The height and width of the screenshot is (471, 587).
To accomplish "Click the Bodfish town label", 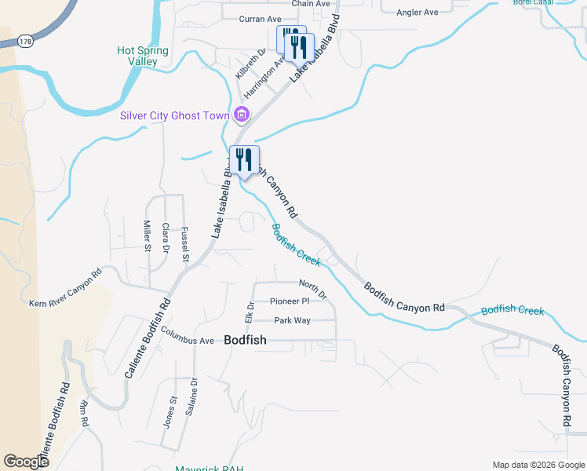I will [245, 340].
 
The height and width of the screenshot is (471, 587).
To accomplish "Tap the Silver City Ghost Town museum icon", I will [242, 115].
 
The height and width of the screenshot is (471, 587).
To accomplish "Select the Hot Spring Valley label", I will [143, 55].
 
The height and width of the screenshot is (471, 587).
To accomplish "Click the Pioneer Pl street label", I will [290, 301].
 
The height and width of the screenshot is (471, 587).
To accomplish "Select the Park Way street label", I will [292, 320].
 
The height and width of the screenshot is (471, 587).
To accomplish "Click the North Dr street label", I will [312, 288].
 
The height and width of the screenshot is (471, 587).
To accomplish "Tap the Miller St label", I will [147, 236].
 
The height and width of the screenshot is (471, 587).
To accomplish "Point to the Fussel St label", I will [186, 244].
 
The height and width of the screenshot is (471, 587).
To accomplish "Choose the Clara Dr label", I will [166, 237].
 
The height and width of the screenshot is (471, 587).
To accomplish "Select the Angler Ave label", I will [418, 13].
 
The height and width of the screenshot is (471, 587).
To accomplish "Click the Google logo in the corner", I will [26, 462].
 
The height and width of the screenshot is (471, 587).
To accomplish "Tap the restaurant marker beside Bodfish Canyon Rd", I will [244, 161].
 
